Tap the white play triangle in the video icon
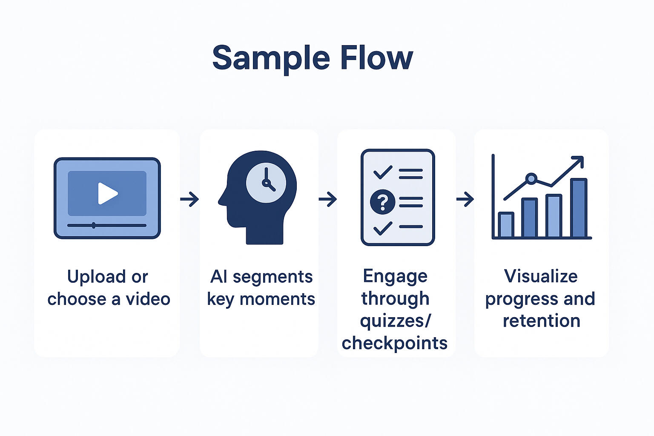pyautogui.click(x=107, y=193)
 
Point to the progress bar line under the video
pyautogui.click(x=107, y=225)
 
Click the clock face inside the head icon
pyautogui.click(x=266, y=183)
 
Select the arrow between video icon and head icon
pyautogui.click(x=189, y=199)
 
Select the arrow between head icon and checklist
pyautogui.click(x=327, y=199)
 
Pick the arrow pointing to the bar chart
pyautogui.click(x=465, y=199)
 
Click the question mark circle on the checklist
pyautogui.click(x=382, y=202)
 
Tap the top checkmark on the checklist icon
pyautogui.click(x=382, y=172)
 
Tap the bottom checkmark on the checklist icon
pyautogui.click(x=382, y=228)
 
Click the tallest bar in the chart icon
pyautogui.click(x=579, y=207)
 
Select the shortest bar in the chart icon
pyautogui.click(x=506, y=224)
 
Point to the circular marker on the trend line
pyautogui.click(x=531, y=178)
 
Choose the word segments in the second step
pyautogui.click(x=272, y=277)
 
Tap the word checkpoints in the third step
pyautogui.click(x=394, y=343)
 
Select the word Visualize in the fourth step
pyautogui.click(x=541, y=276)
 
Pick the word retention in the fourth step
pyautogui.click(x=541, y=321)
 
